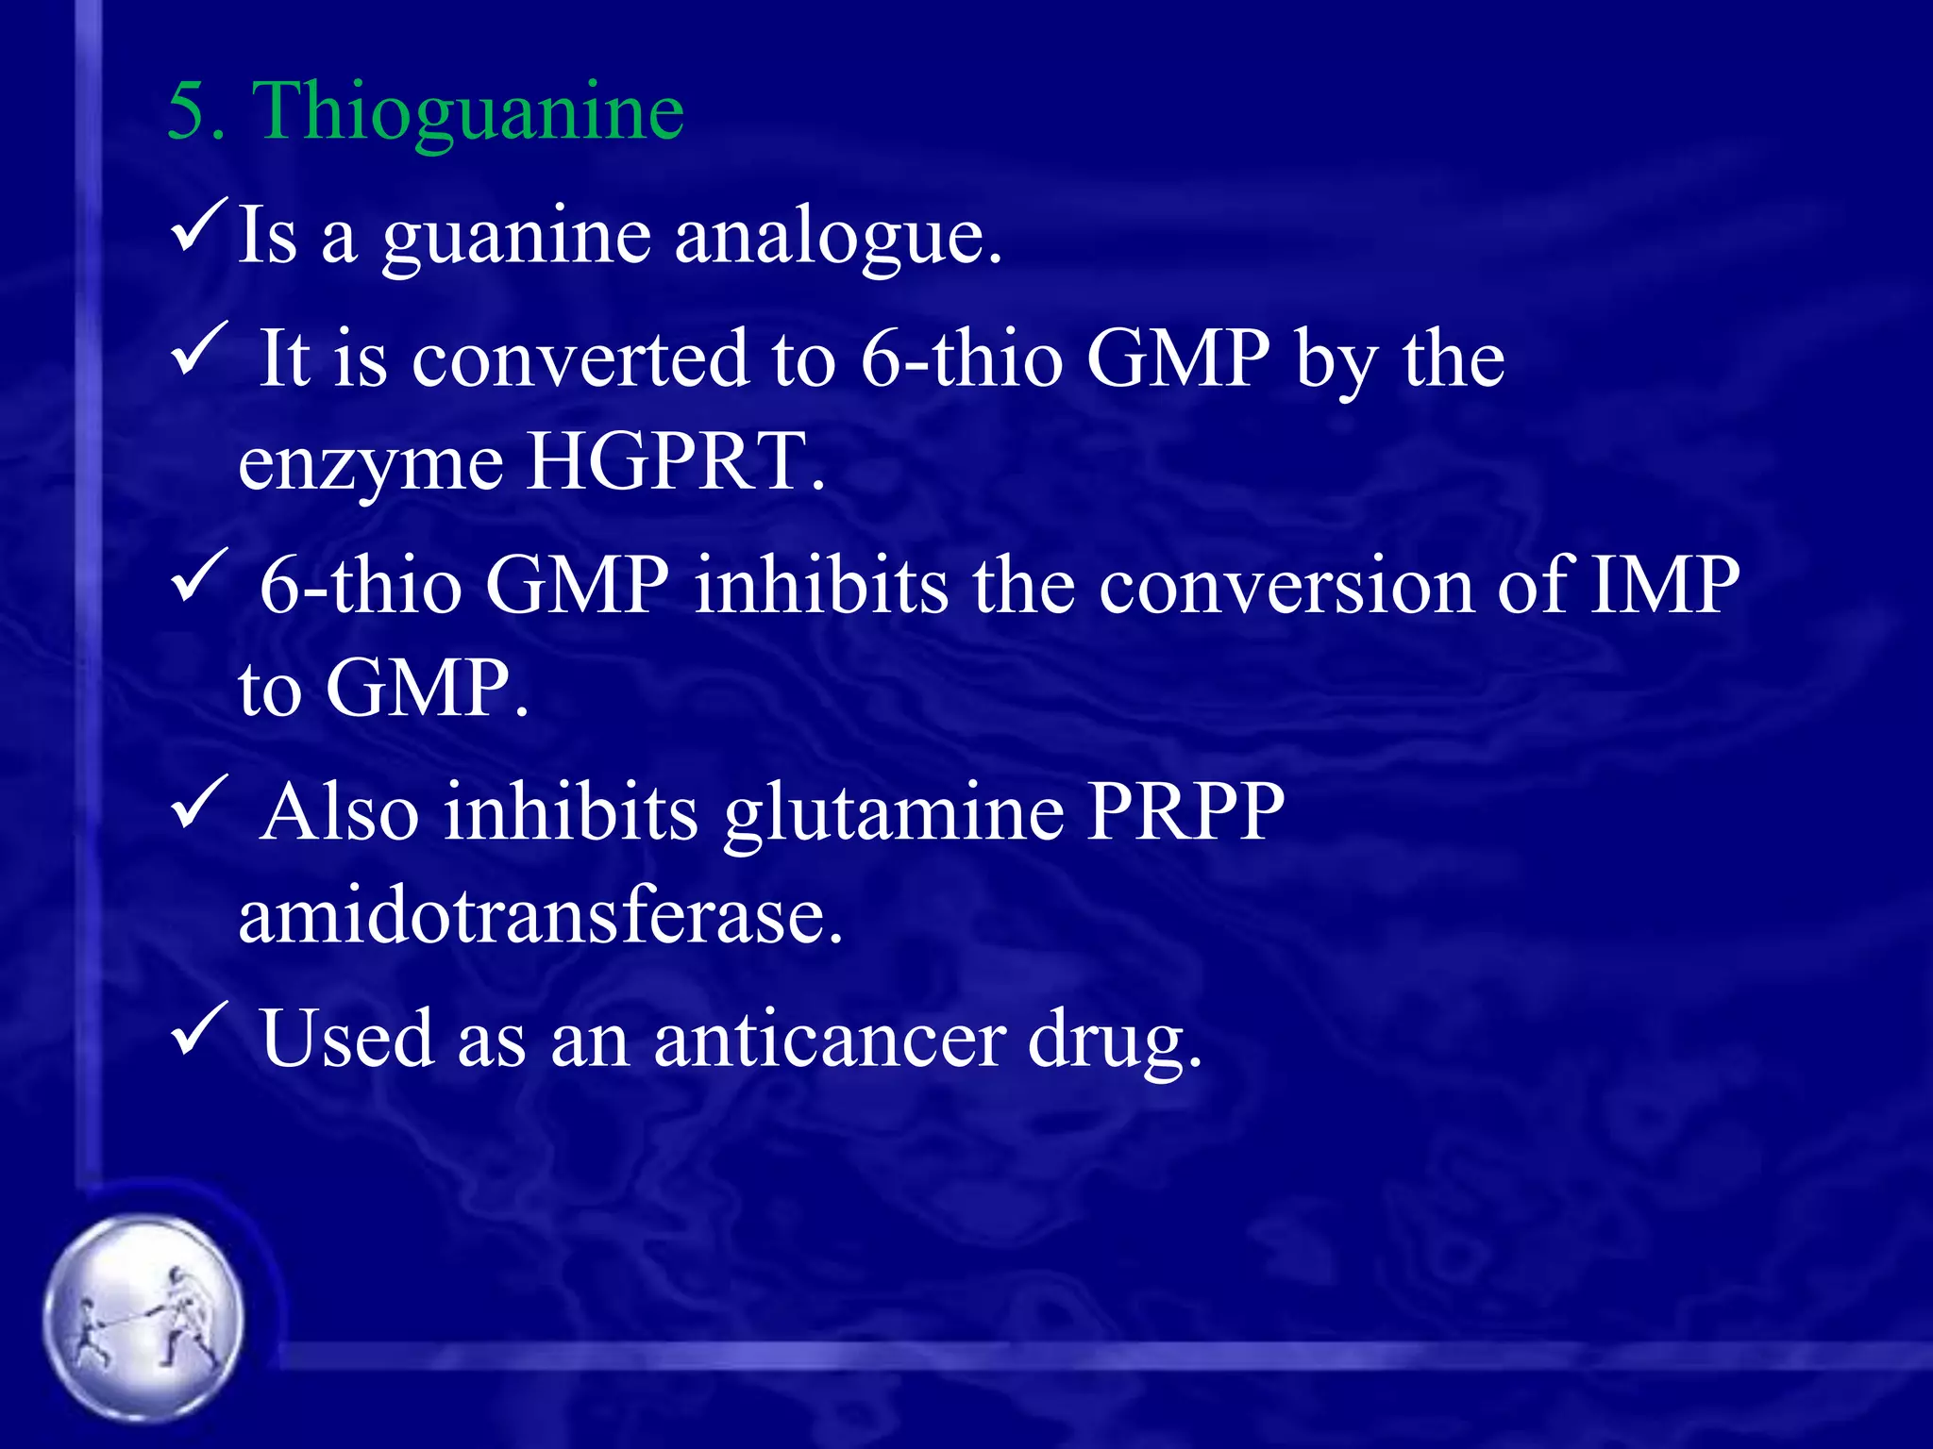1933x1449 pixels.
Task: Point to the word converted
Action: coord(580,359)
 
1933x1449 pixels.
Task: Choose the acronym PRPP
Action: coord(1185,811)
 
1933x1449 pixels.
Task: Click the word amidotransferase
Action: coord(540,917)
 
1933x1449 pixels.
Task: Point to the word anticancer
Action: coord(829,1040)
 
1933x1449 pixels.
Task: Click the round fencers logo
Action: coord(143,1317)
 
